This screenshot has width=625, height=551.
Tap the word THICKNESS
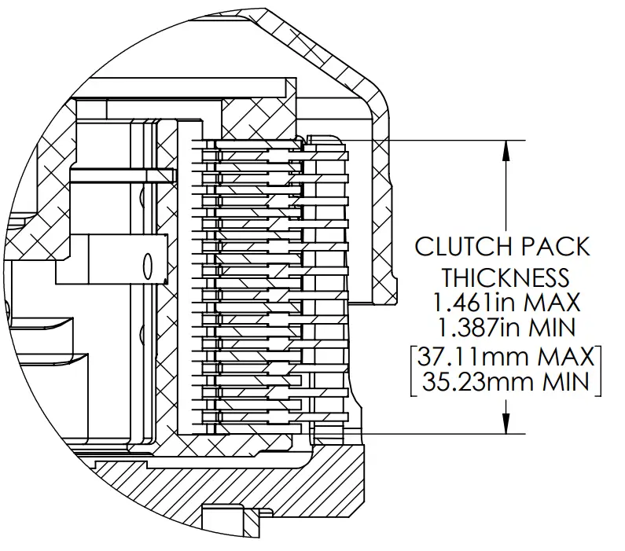[x=504, y=277]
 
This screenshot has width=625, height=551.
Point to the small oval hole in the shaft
[x=147, y=266]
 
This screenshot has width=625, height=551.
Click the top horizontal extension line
[x=440, y=140]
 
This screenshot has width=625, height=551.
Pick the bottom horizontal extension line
[x=440, y=433]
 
